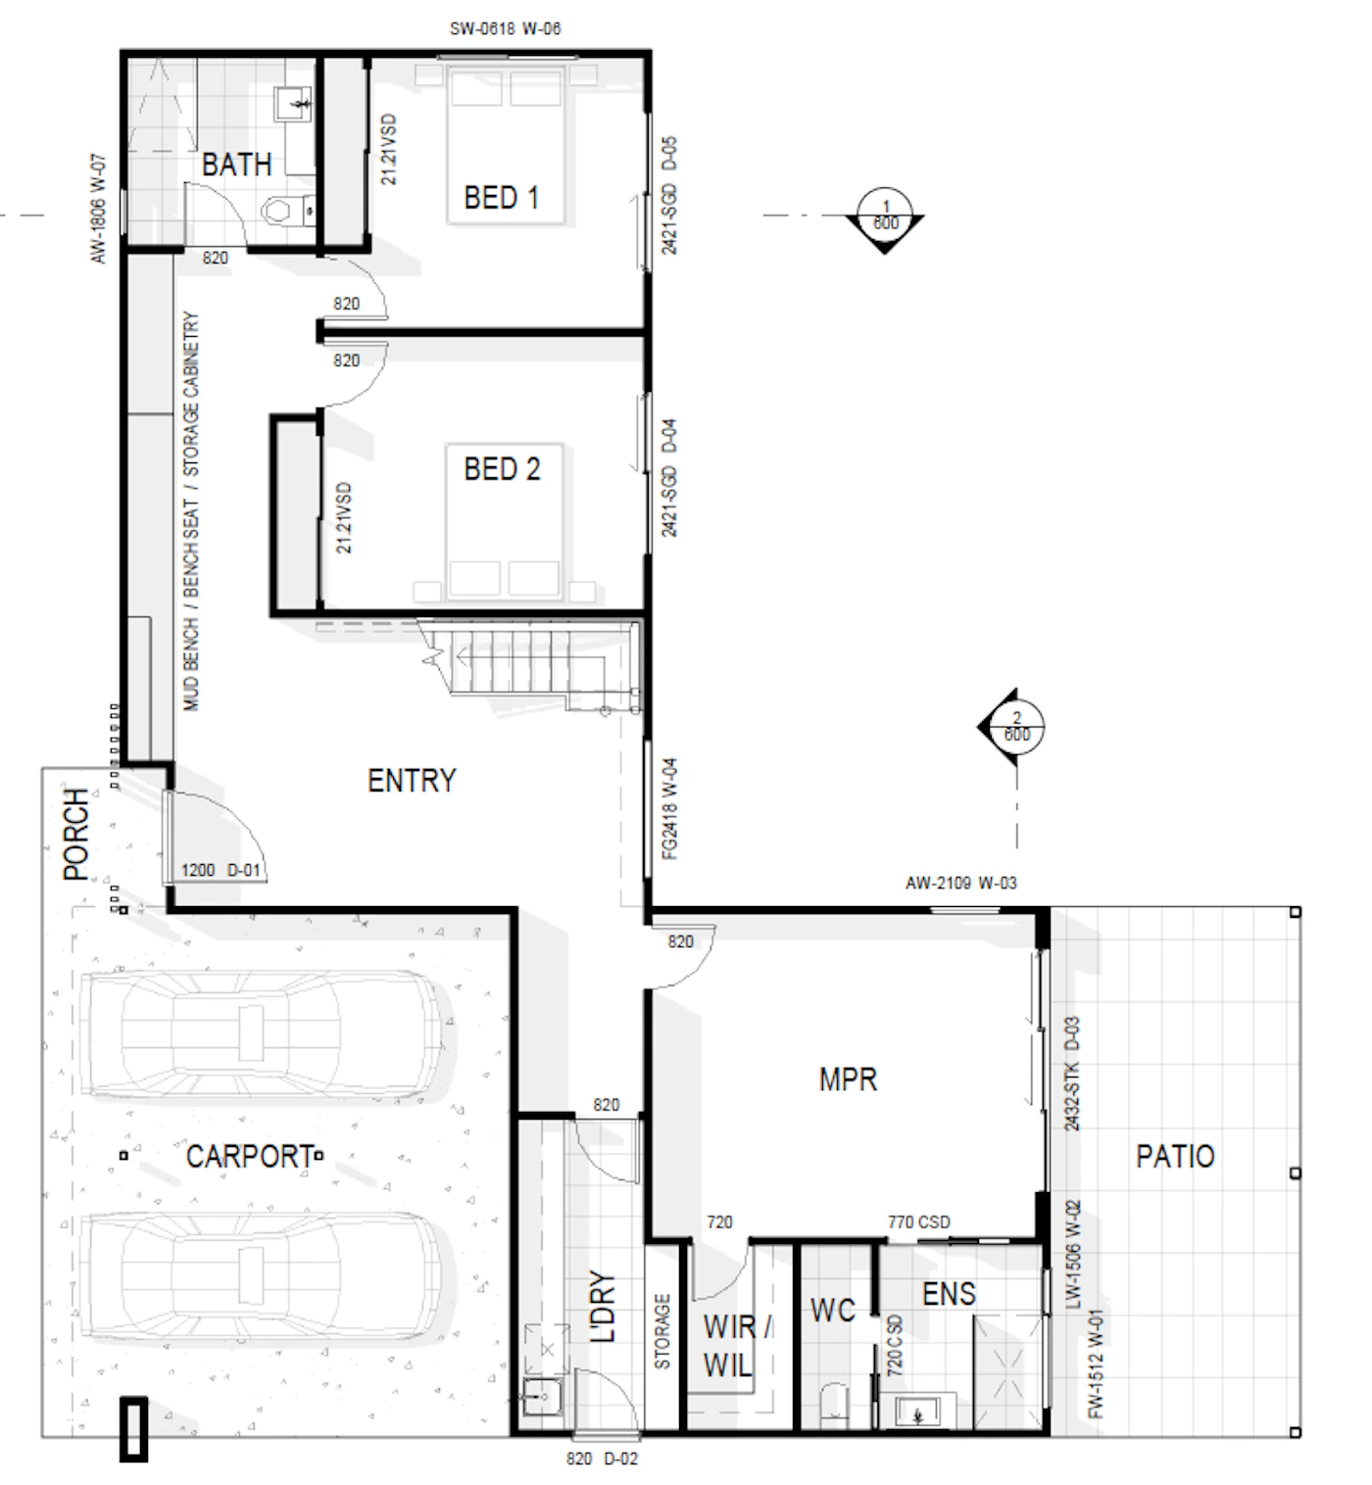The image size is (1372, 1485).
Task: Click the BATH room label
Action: click(236, 165)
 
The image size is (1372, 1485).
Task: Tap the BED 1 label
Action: click(501, 198)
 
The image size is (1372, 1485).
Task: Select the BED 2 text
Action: click(502, 469)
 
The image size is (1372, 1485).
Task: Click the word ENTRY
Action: click(412, 781)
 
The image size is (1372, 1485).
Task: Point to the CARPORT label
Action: click(250, 1157)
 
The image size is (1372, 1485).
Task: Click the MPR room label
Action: click(848, 1079)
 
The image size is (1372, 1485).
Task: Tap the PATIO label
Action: click(1174, 1156)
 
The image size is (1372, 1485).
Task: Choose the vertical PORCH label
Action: click(75, 834)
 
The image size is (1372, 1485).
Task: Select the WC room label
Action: click(833, 1310)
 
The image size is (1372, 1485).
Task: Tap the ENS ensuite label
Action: click(949, 1294)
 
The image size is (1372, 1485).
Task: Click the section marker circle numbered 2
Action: click(1016, 726)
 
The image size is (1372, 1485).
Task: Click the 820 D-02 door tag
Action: click(603, 1459)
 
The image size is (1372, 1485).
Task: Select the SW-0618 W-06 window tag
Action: click(505, 28)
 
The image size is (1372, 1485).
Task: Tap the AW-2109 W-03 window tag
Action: click(960, 883)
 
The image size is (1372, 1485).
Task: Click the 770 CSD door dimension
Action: click(918, 1222)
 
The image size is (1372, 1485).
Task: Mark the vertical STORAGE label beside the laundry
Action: click(662, 1331)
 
